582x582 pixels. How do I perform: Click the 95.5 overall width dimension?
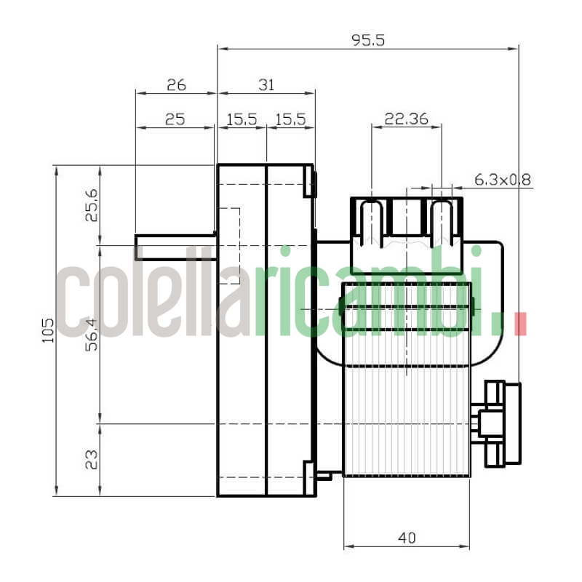[368, 40]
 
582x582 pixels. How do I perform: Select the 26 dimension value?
[176, 84]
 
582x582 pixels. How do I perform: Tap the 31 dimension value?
[266, 84]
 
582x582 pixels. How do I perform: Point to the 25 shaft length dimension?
[175, 119]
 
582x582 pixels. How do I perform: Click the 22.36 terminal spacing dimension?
[406, 119]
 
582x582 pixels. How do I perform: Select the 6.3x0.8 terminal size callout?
[503, 178]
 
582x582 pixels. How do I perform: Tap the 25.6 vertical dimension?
[92, 205]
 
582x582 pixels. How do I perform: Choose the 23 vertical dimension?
[92, 459]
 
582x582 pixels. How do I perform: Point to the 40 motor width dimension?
[407, 538]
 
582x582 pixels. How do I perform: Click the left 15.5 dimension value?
[242, 119]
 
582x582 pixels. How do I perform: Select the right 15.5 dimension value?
[290, 119]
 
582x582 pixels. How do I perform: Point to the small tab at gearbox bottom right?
[324, 476]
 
